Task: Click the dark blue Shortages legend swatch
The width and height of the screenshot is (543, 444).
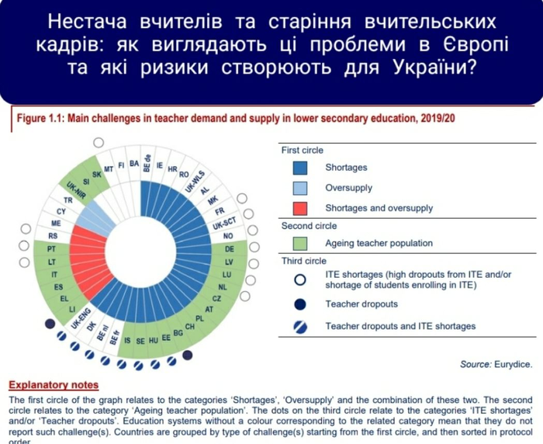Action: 300,168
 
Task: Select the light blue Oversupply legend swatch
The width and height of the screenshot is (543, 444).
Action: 300,188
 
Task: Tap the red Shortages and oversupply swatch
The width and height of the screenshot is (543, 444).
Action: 300,208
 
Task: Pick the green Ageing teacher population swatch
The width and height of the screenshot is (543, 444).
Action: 300,244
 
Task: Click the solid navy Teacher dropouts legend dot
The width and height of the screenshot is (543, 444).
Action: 300,304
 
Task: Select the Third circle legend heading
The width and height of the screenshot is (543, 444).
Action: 304,262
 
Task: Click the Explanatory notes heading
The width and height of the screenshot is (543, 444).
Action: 54,384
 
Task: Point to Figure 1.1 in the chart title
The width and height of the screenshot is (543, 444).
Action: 39,119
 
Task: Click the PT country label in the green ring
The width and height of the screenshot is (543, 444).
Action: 52,249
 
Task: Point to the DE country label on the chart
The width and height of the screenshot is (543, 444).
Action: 229,249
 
